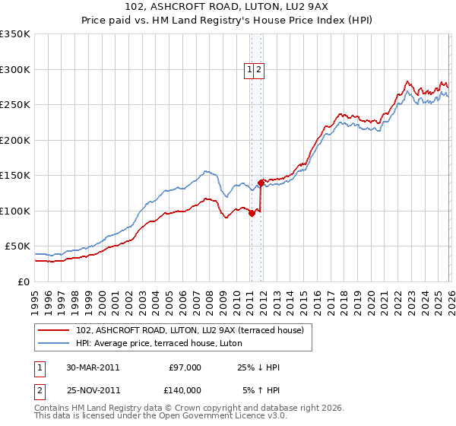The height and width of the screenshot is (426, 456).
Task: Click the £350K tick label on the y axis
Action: (x=15, y=34)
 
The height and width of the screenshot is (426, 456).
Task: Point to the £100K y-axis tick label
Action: (x=15, y=211)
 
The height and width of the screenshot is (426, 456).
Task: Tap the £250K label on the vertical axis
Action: (x=15, y=105)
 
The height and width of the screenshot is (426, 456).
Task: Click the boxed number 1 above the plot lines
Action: (x=249, y=70)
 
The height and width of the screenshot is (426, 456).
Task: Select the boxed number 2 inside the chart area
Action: (x=258, y=70)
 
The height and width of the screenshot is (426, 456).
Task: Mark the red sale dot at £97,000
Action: (x=252, y=214)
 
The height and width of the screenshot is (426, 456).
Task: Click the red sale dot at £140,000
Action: (x=261, y=183)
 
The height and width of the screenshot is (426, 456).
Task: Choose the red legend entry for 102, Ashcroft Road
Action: (x=190, y=329)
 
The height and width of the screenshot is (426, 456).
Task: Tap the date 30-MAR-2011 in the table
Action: (x=93, y=367)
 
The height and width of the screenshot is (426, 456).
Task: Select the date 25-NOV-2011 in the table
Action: (x=93, y=389)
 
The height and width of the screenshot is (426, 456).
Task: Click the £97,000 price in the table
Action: (x=185, y=367)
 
